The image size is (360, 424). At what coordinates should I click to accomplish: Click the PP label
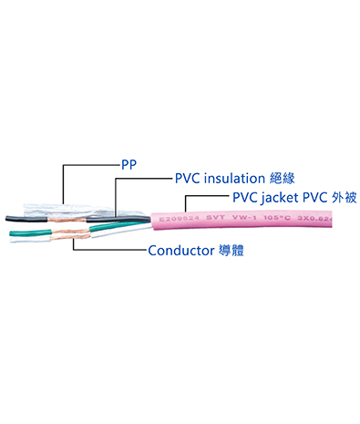click(129, 165)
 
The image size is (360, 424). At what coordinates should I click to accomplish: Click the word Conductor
click(183, 249)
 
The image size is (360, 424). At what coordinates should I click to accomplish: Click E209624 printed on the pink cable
click(178, 220)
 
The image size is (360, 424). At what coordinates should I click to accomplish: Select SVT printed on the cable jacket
click(213, 220)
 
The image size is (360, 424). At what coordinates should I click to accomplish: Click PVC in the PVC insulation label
click(188, 180)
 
